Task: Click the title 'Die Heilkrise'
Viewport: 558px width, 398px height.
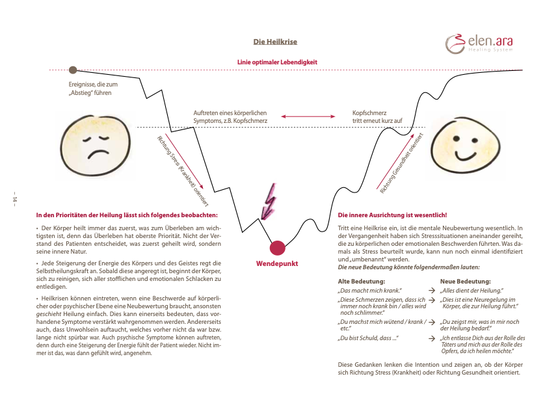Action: tap(275, 42)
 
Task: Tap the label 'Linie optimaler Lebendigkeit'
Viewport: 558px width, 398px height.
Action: tap(277, 62)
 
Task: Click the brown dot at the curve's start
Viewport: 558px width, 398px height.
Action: tap(73, 70)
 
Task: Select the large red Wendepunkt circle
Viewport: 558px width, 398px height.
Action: tap(278, 247)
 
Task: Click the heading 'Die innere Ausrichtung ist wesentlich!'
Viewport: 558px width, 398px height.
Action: tap(393, 215)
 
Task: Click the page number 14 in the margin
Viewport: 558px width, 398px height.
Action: tap(14, 199)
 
